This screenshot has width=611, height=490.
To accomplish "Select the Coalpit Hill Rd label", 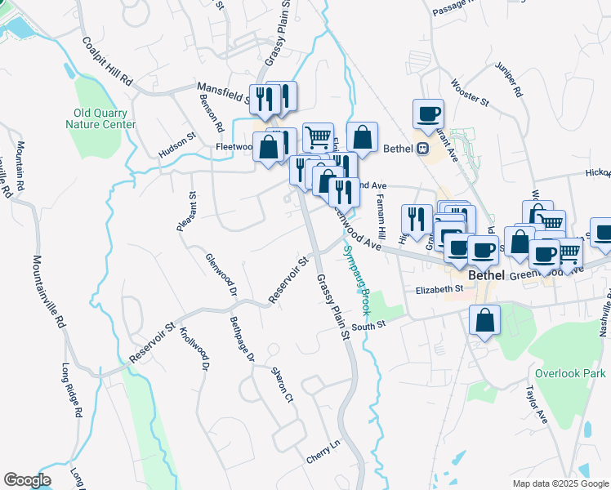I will [107, 60].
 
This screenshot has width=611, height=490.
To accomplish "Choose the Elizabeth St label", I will [439, 289].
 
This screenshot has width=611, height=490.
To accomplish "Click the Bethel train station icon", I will [423, 149].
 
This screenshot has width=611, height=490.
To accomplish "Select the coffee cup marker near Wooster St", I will [428, 114].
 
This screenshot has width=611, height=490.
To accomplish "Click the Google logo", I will [27, 480].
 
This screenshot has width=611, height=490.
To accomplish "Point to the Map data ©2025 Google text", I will [560, 483].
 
